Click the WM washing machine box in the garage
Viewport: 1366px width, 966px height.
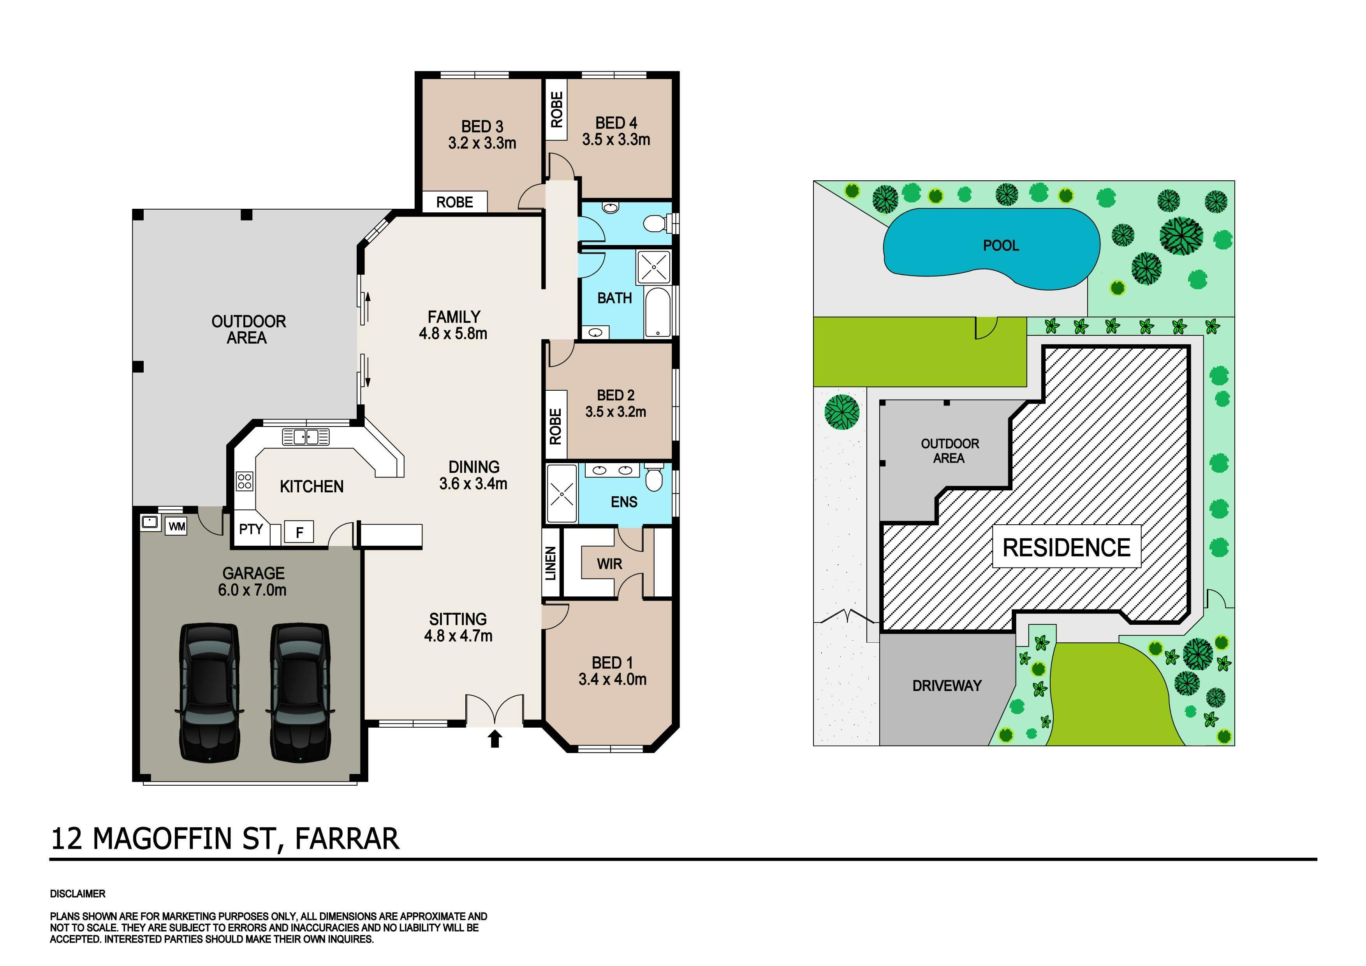tap(177, 527)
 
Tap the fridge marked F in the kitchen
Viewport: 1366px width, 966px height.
tap(299, 532)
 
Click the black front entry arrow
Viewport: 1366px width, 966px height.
tap(495, 739)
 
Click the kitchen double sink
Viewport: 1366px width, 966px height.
tap(306, 437)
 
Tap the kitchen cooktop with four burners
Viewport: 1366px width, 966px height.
tap(245, 481)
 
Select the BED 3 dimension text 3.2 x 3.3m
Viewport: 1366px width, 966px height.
tap(482, 143)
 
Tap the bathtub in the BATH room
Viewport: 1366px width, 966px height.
tap(657, 312)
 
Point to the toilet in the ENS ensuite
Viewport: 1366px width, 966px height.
tap(655, 477)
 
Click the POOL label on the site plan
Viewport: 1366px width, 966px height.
tap(1001, 245)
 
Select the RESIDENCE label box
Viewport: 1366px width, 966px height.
tap(1066, 546)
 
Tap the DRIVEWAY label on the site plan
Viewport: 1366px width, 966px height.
tap(947, 686)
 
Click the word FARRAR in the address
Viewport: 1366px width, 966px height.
tap(347, 839)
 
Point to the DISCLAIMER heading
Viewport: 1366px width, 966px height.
tap(78, 894)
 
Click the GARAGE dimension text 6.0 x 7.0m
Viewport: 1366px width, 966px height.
tap(252, 591)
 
